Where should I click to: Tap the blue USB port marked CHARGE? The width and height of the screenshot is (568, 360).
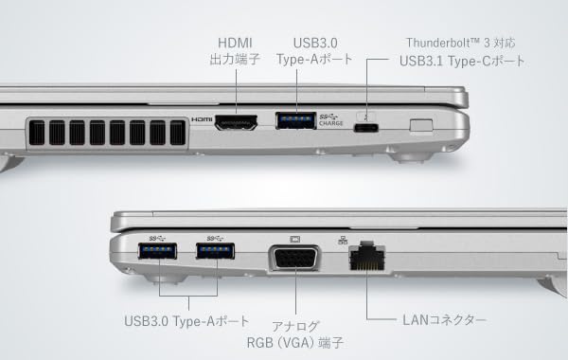pos(296,119)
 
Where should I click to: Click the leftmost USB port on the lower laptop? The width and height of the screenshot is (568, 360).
pos(157,251)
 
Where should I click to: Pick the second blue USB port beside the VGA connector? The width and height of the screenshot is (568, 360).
pos(215,251)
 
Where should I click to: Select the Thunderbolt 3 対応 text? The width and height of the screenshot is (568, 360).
pos(461,43)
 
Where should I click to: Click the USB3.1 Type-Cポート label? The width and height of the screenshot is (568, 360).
pos(461,62)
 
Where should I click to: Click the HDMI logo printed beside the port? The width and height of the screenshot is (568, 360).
pos(202,120)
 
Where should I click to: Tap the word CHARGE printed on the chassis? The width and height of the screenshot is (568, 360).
pos(331,124)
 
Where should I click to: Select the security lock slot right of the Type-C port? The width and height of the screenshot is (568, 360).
pos(421,123)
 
